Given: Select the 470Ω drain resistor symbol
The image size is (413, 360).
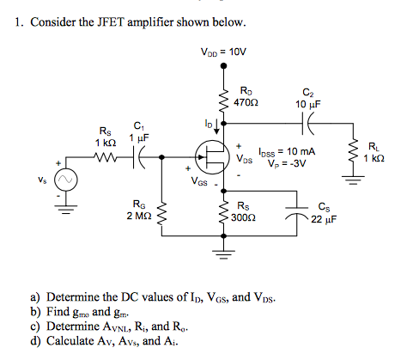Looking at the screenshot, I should pos(225,100).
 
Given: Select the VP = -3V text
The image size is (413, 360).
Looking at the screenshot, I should pos(284,162).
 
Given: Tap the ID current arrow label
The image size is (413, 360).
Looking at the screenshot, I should pos(207,125).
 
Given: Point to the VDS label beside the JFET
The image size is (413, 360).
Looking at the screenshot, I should pos(246,159).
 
